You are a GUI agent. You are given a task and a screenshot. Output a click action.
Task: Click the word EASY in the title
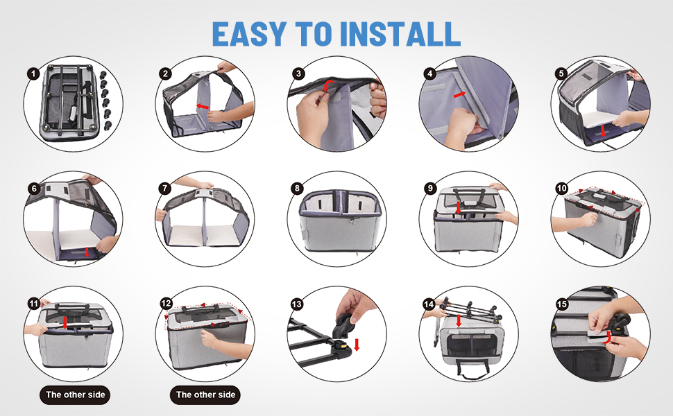(x=249, y=34)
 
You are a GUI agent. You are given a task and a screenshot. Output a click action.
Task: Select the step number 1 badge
(x=33, y=73)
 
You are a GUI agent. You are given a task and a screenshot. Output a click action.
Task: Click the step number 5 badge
(x=561, y=73)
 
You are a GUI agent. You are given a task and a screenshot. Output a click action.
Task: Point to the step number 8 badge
(x=297, y=188)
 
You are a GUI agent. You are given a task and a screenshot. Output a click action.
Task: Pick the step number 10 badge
(x=561, y=188)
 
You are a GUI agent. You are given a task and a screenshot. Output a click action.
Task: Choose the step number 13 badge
(x=297, y=304)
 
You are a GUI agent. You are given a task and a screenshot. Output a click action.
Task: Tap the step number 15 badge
(x=562, y=304)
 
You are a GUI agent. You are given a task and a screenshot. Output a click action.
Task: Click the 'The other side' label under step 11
(x=75, y=395)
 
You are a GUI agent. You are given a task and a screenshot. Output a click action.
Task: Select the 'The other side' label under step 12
(x=205, y=395)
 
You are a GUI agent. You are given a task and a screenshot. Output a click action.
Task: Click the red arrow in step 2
(x=203, y=105)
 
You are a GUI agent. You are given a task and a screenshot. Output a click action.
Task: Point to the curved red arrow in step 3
(x=330, y=85)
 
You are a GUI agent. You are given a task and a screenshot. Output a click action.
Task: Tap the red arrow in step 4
(x=459, y=94)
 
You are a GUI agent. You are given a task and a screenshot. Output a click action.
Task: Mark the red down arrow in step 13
(x=356, y=345)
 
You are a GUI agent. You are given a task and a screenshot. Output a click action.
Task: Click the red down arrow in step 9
(x=459, y=207)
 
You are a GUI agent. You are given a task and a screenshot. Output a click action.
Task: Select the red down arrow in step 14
(x=459, y=320)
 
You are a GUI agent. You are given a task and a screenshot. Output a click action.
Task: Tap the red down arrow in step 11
(x=65, y=322)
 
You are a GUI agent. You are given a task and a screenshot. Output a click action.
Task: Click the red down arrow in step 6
(x=87, y=252)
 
